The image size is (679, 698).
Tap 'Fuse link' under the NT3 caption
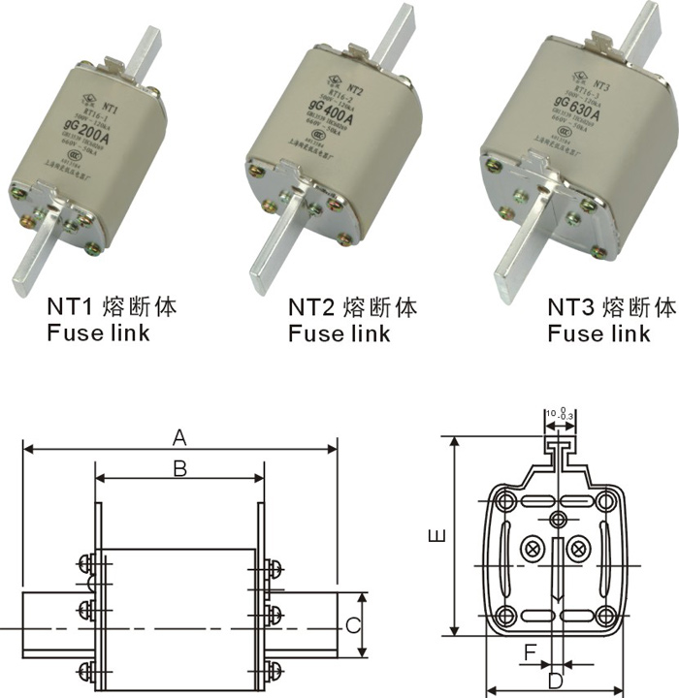coord(598,334)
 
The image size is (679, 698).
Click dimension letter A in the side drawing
coord(178,438)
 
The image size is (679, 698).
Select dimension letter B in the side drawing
coord(179,468)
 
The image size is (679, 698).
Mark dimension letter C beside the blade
coord(354,625)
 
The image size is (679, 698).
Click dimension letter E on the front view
coord(438,535)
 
